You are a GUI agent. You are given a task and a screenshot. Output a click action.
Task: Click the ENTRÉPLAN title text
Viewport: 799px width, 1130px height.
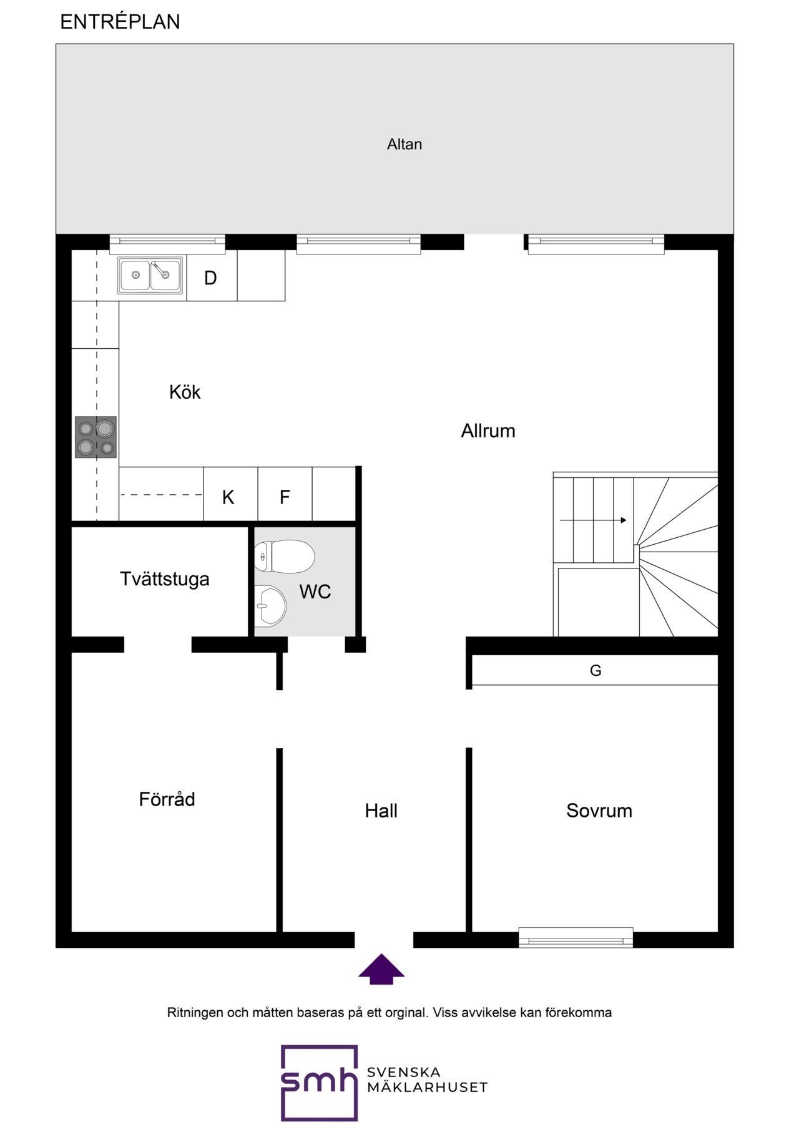point(120,22)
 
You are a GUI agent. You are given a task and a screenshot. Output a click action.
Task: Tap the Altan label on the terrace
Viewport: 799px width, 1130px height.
point(404,144)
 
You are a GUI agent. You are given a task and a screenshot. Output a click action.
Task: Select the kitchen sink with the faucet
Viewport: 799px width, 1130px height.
point(151,275)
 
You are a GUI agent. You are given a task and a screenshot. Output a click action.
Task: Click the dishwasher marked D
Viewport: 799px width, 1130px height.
point(212,276)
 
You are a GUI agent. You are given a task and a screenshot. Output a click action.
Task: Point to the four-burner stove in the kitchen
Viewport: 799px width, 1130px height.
point(96,437)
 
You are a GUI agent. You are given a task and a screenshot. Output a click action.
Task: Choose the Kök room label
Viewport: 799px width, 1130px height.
point(185,392)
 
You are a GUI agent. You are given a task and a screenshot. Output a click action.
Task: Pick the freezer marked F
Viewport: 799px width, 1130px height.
point(285,494)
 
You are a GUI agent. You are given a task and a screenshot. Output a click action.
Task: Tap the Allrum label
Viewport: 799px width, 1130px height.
point(488,431)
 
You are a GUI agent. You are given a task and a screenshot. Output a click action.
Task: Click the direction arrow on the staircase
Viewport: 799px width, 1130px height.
point(593,520)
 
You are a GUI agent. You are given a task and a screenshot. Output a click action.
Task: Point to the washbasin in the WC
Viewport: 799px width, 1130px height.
point(270,605)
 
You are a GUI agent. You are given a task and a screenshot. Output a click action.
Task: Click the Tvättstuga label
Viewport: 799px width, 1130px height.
point(165,579)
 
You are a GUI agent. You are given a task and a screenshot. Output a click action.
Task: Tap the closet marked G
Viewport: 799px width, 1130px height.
point(595,670)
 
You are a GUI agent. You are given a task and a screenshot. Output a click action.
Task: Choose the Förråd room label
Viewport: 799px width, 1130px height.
point(167,799)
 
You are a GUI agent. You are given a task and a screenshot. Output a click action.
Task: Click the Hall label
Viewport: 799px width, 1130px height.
point(381,811)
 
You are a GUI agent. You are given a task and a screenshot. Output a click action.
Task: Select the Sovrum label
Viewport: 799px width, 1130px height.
point(599,811)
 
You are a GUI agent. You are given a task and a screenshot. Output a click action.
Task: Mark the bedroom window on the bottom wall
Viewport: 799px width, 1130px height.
point(576,937)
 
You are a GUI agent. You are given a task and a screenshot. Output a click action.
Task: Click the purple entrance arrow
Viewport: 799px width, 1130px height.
point(381,969)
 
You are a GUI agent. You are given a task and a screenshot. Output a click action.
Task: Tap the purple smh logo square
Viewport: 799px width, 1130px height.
point(320,1083)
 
